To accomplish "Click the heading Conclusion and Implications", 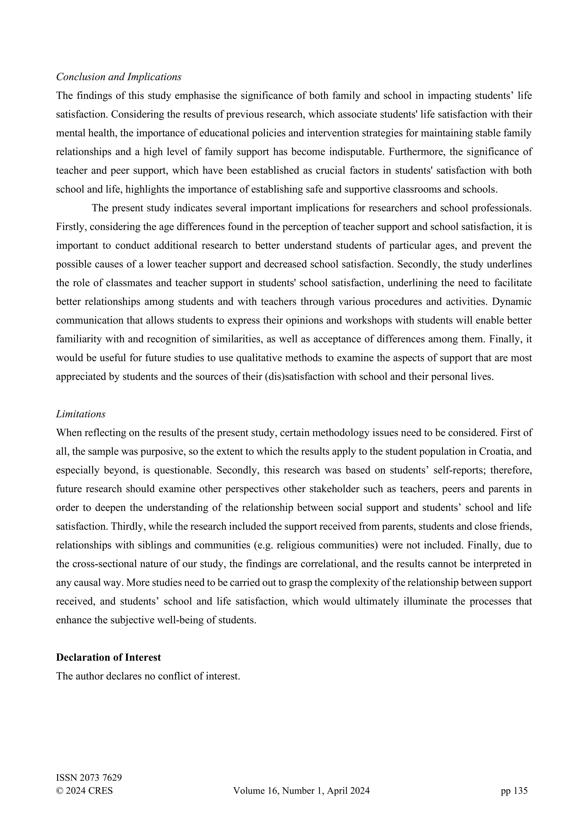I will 119,77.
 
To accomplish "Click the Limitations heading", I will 80,414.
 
